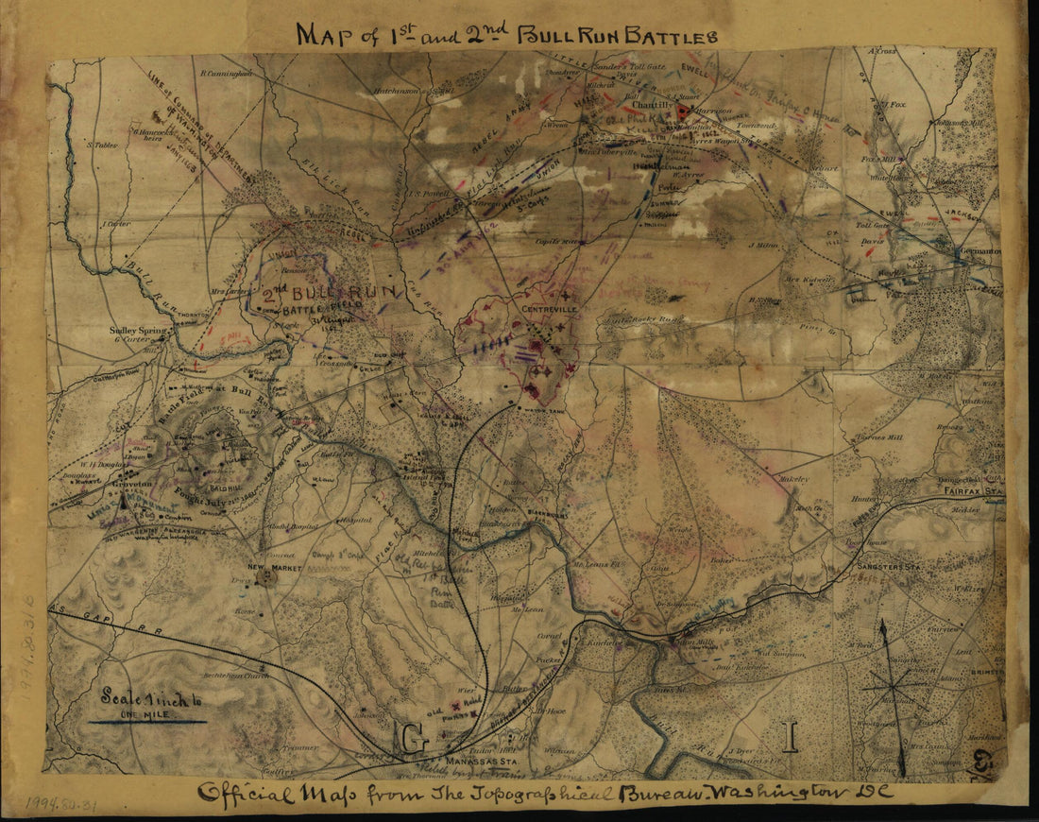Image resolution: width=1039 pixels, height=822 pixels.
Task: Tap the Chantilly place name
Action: (x=630, y=106)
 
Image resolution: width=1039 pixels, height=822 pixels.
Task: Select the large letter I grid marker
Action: (x=792, y=734)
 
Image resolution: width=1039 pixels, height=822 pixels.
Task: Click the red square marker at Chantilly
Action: (x=682, y=111)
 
